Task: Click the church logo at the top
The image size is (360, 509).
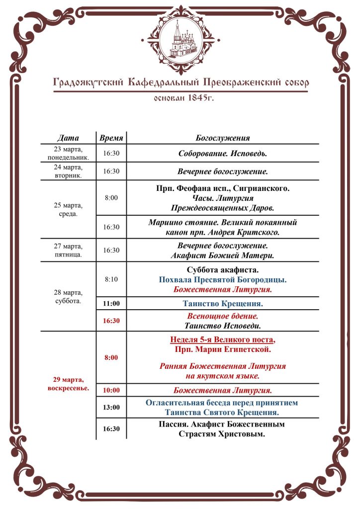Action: coord(180,40)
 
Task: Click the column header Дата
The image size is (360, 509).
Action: coord(68,138)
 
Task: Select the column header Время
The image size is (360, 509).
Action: coord(111,138)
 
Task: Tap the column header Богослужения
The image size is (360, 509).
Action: coord(223,138)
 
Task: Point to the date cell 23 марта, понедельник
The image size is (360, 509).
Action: coord(68,153)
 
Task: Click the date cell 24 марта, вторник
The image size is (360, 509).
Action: coord(68,171)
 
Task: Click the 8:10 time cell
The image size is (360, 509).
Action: coord(111,279)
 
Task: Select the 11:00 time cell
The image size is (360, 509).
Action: coord(111,303)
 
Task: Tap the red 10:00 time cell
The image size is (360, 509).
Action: coord(111,390)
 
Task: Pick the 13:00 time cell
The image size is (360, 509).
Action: coord(111,407)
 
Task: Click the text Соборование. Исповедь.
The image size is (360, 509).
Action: coord(223,154)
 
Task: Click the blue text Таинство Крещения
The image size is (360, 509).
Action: coord(223,303)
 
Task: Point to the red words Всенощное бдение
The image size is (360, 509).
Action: coord(223,316)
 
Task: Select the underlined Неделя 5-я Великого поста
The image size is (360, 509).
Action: coord(223,340)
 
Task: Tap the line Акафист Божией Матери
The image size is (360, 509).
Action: coord(223,255)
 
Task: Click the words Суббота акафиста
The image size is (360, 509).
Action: coord(223,270)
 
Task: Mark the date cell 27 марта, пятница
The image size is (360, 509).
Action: coord(68,251)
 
